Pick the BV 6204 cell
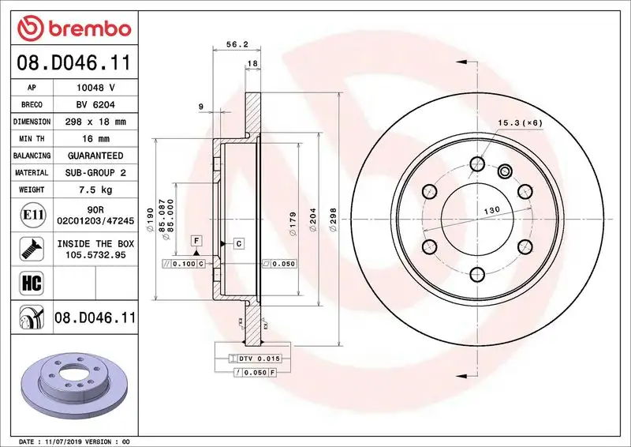96,105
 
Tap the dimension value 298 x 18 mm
96,122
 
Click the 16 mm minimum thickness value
96,139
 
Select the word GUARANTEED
96,156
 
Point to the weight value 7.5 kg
96,190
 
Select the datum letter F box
196,240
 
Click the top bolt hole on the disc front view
476,164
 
